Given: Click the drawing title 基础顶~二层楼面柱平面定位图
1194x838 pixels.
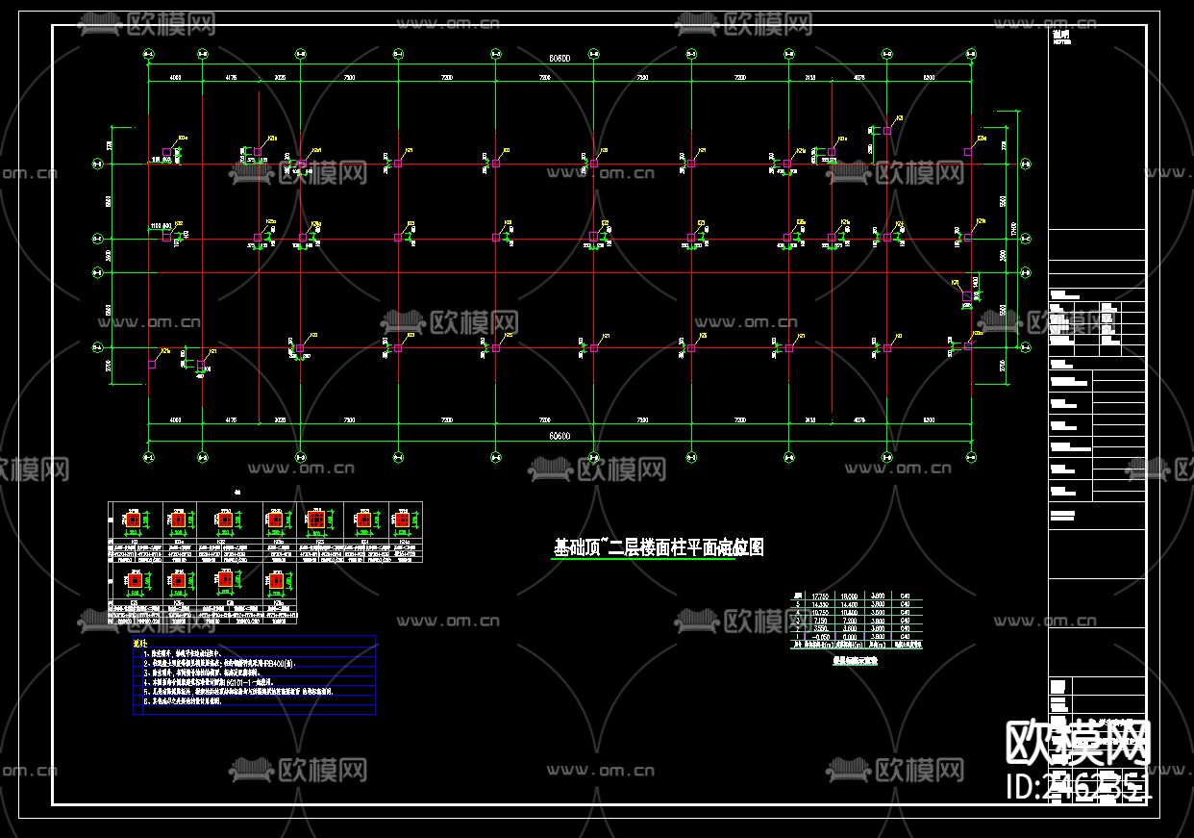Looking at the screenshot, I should [659, 547].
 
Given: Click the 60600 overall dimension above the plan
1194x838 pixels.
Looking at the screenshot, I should [560, 59].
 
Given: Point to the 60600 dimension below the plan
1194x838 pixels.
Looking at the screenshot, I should [560, 436].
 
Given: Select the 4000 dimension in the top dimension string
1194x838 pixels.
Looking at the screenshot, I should [176, 76].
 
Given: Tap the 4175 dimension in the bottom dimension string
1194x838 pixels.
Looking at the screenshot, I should [231, 420].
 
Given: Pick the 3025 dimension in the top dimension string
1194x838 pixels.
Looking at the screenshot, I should [280, 76].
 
